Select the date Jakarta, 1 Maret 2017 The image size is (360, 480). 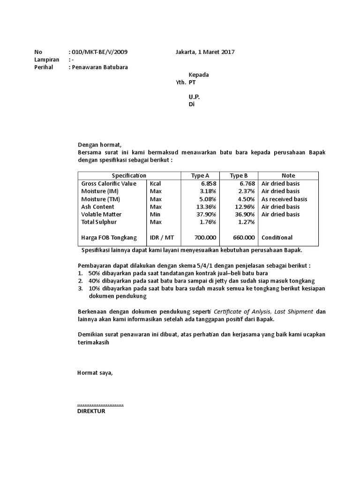(205, 52)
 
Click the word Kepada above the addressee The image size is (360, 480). (199, 75)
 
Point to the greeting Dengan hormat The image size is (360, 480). (99, 145)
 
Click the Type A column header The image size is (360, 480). (200, 176)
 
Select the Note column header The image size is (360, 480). (288, 176)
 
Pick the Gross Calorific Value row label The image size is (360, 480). (109, 184)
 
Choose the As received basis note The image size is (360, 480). (284, 199)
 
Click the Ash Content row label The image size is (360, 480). (97, 207)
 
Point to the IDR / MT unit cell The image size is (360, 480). (161, 238)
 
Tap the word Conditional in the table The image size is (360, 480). (277, 238)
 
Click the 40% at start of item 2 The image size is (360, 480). (94, 281)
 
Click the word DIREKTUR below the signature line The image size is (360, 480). (91, 411)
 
